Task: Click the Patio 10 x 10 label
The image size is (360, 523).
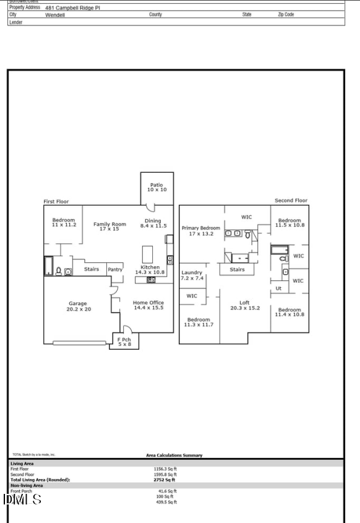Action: [x=157, y=187]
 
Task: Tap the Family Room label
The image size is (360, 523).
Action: [x=109, y=227]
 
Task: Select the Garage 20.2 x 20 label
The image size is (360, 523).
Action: [x=78, y=306]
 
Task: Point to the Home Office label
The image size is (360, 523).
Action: [x=148, y=305]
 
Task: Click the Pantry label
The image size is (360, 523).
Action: [x=115, y=269]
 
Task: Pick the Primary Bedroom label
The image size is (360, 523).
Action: [x=200, y=231]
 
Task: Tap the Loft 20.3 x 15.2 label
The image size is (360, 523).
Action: [x=245, y=305]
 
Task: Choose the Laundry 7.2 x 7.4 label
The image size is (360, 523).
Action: [x=192, y=275]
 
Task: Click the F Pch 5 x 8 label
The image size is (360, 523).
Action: [x=124, y=342]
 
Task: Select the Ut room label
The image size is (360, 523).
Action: [x=278, y=288]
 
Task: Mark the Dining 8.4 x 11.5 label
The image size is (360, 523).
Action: [x=153, y=223]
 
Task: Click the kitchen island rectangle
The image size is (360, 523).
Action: [x=147, y=254]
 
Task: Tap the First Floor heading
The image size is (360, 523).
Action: [x=56, y=201]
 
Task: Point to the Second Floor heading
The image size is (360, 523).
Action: [x=291, y=201]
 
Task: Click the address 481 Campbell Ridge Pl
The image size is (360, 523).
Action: [x=72, y=7]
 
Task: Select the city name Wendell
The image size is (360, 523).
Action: [x=55, y=14]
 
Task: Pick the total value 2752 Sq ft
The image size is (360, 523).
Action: [x=164, y=480]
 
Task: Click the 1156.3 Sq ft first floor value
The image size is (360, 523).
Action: [x=165, y=469]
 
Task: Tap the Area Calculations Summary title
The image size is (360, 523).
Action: [x=174, y=456]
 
